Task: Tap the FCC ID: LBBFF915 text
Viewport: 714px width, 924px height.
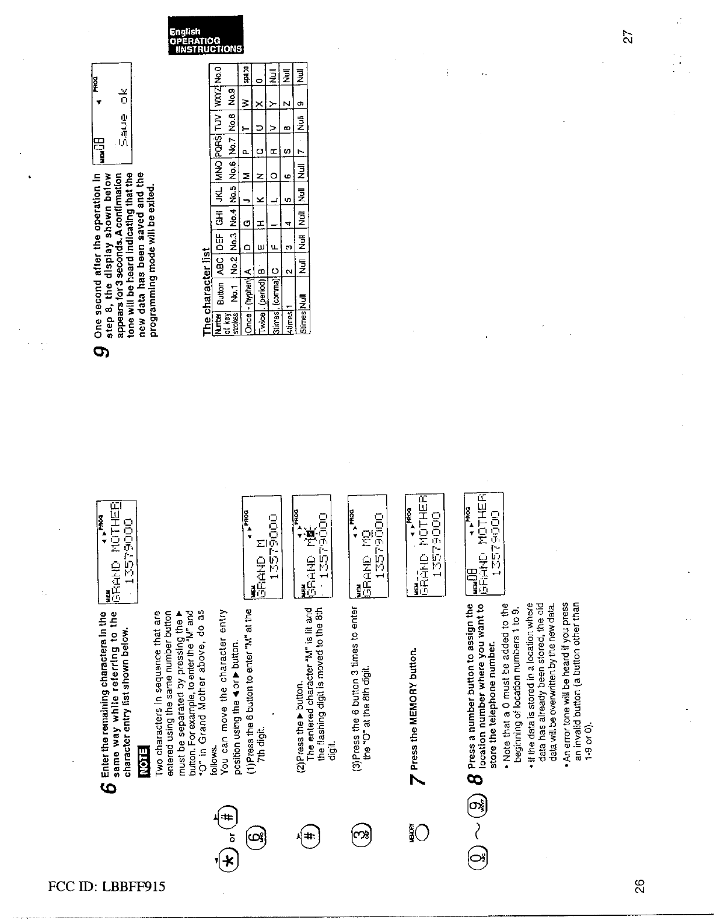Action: click(106, 887)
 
